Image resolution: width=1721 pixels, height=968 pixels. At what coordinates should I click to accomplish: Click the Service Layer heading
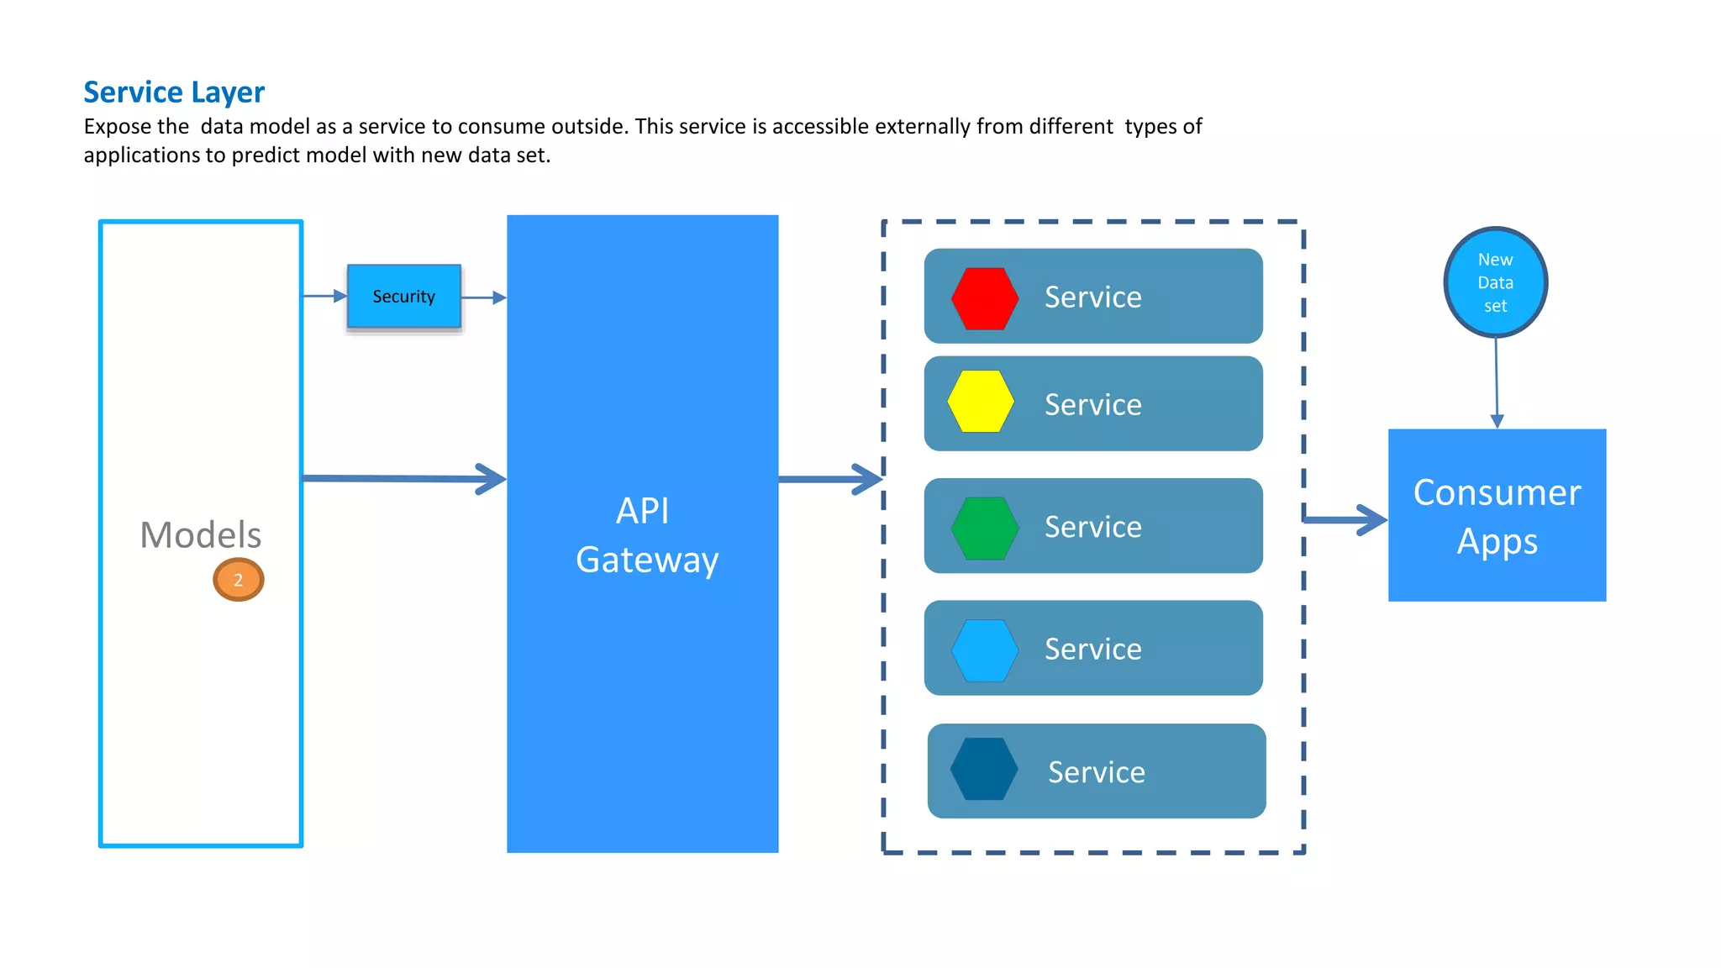(x=174, y=92)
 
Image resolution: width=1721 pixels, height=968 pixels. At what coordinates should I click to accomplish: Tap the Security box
(x=404, y=297)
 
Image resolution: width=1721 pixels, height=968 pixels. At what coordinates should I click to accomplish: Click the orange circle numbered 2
(x=239, y=580)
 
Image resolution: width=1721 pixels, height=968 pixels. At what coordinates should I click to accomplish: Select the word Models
(x=201, y=534)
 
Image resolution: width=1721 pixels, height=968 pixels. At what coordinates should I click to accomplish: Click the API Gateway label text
(x=645, y=535)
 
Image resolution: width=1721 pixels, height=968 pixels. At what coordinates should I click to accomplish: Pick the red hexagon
(x=985, y=298)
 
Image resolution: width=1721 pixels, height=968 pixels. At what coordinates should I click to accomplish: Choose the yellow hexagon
(x=981, y=402)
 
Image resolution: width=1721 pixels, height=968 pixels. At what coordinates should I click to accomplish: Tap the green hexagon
(x=985, y=529)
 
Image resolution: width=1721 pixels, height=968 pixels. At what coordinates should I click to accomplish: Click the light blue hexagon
(x=985, y=650)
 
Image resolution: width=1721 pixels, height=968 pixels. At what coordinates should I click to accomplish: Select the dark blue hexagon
(x=984, y=769)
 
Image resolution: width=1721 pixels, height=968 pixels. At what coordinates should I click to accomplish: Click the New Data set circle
(x=1496, y=282)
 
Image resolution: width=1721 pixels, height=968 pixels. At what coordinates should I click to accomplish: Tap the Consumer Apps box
(x=1497, y=516)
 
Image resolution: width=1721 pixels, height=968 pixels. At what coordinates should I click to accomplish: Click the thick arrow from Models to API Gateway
(x=403, y=479)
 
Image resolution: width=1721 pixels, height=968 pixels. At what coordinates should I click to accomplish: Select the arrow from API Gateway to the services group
(x=830, y=479)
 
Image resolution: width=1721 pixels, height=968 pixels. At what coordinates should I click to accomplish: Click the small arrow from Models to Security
(x=324, y=296)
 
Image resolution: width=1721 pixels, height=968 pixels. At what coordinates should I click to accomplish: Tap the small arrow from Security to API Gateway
(x=484, y=297)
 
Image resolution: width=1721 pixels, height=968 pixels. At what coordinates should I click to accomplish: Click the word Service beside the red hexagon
(x=1092, y=297)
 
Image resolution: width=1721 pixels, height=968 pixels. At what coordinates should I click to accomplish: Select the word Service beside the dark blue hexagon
(x=1096, y=772)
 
